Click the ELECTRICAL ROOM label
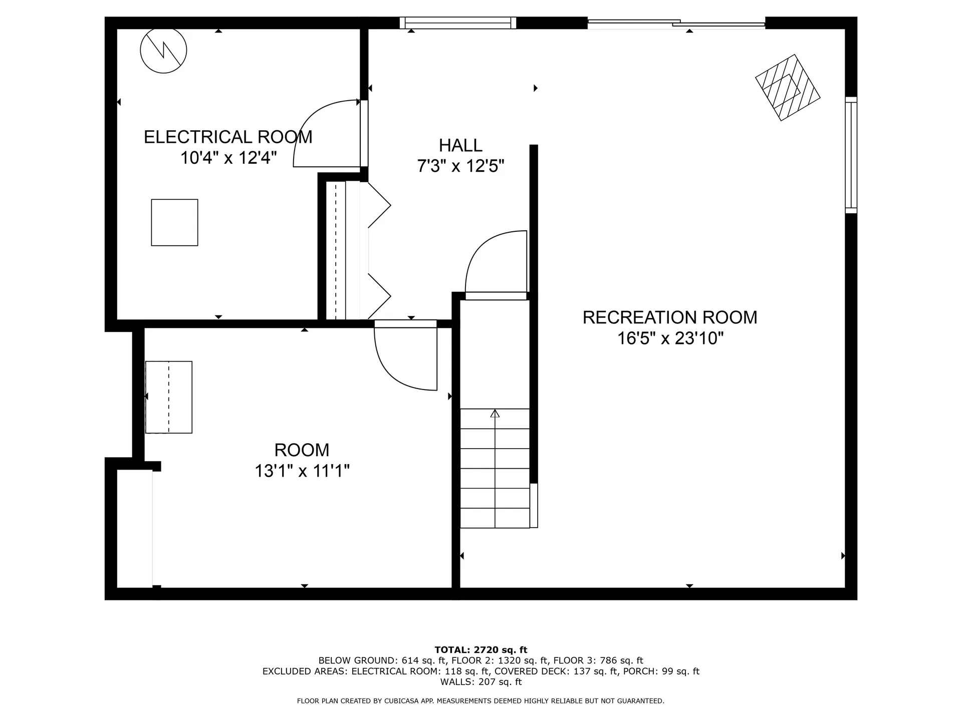point(228,137)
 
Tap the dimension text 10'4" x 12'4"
point(228,158)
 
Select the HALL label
point(460,145)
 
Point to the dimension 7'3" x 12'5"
point(460,166)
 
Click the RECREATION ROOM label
point(670,317)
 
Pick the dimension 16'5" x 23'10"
point(670,338)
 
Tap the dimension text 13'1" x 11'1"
point(302,471)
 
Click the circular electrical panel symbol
point(163,50)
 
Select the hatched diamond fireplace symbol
point(787,87)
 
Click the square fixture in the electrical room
point(174,222)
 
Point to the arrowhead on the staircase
point(495,413)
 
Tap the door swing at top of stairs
point(494,260)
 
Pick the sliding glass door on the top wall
point(676,23)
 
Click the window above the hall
point(458,23)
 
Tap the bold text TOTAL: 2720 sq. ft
point(480,650)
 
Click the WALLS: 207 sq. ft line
point(480,682)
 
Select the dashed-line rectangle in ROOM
point(169,397)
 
